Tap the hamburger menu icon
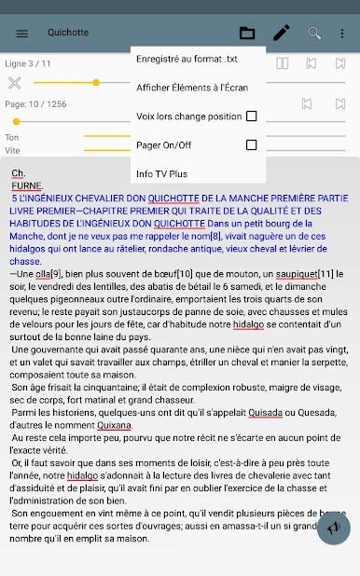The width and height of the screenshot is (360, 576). click(22, 34)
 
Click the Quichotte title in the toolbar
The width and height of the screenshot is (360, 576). click(68, 33)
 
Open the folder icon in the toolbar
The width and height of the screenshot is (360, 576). click(247, 34)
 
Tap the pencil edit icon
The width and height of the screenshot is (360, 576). click(281, 34)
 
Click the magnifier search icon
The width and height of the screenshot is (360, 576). click(314, 34)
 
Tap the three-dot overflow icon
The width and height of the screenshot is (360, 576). click(341, 34)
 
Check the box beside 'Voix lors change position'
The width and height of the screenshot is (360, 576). click(251, 117)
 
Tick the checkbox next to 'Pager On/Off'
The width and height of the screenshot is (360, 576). click(251, 145)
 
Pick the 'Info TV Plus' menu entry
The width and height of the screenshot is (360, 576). click(161, 174)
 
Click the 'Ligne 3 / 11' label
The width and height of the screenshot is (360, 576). click(28, 63)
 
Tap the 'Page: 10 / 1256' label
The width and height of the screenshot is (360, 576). click(36, 104)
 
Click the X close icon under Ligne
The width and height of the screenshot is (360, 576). click(14, 83)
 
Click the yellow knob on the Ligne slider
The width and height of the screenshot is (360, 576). click(96, 83)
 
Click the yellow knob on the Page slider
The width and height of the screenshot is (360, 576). click(16, 121)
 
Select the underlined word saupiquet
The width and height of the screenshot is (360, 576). click(286, 272)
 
